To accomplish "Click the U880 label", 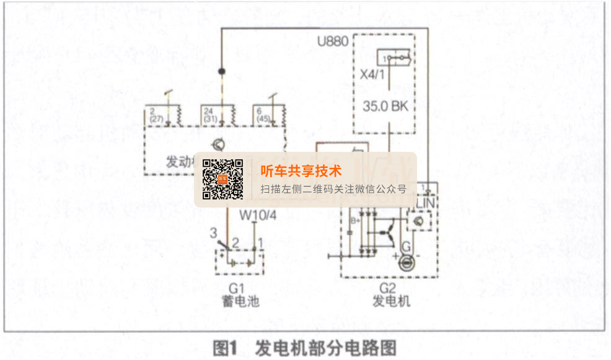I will tap(332, 42).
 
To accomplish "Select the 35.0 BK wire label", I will tap(385, 106).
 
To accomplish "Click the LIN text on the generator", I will tap(425, 202).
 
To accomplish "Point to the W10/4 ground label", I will tap(258, 216).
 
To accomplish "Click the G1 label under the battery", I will tap(238, 288).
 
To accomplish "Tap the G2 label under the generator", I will tap(388, 288).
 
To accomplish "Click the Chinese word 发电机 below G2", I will tap(392, 302).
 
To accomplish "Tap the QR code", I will tap(223, 180).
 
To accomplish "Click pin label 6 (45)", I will tap(263, 114).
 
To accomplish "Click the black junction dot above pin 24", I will tap(221, 71).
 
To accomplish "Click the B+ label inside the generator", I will tap(356, 221).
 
